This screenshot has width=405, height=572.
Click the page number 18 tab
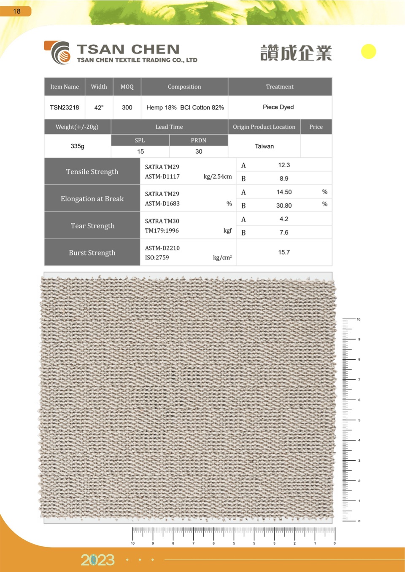click(x=16, y=11)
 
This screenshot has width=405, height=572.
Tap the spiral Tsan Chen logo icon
click(x=59, y=53)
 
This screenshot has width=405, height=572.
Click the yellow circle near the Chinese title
click(x=368, y=51)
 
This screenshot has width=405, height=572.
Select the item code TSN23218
click(x=65, y=107)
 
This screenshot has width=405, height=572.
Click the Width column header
click(x=99, y=87)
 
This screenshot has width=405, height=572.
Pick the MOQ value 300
click(x=127, y=107)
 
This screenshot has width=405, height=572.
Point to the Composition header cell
click(x=184, y=87)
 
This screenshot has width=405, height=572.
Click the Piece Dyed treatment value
click(x=278, y=107)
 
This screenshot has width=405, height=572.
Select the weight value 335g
click(x=78, y=146)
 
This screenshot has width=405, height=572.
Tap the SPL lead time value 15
click(x=140, y=151)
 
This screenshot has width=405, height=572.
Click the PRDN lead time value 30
click(x=199, y=151)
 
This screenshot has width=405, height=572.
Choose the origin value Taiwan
click(x=264, y=146)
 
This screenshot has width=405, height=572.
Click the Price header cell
click(x=316, y=127)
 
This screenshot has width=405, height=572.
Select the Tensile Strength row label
click(x=92, y=171)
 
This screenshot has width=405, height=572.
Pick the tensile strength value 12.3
click(x=284, y=165)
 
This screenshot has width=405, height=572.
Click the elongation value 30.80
click(x=284, y=206)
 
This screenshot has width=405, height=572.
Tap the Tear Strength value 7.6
click(x=284, y=233)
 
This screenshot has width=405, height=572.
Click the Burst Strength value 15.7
click(x=284, y=252)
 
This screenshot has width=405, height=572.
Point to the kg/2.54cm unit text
click(x=218, y=176)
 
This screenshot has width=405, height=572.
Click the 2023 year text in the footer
click(x=97, y=560)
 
